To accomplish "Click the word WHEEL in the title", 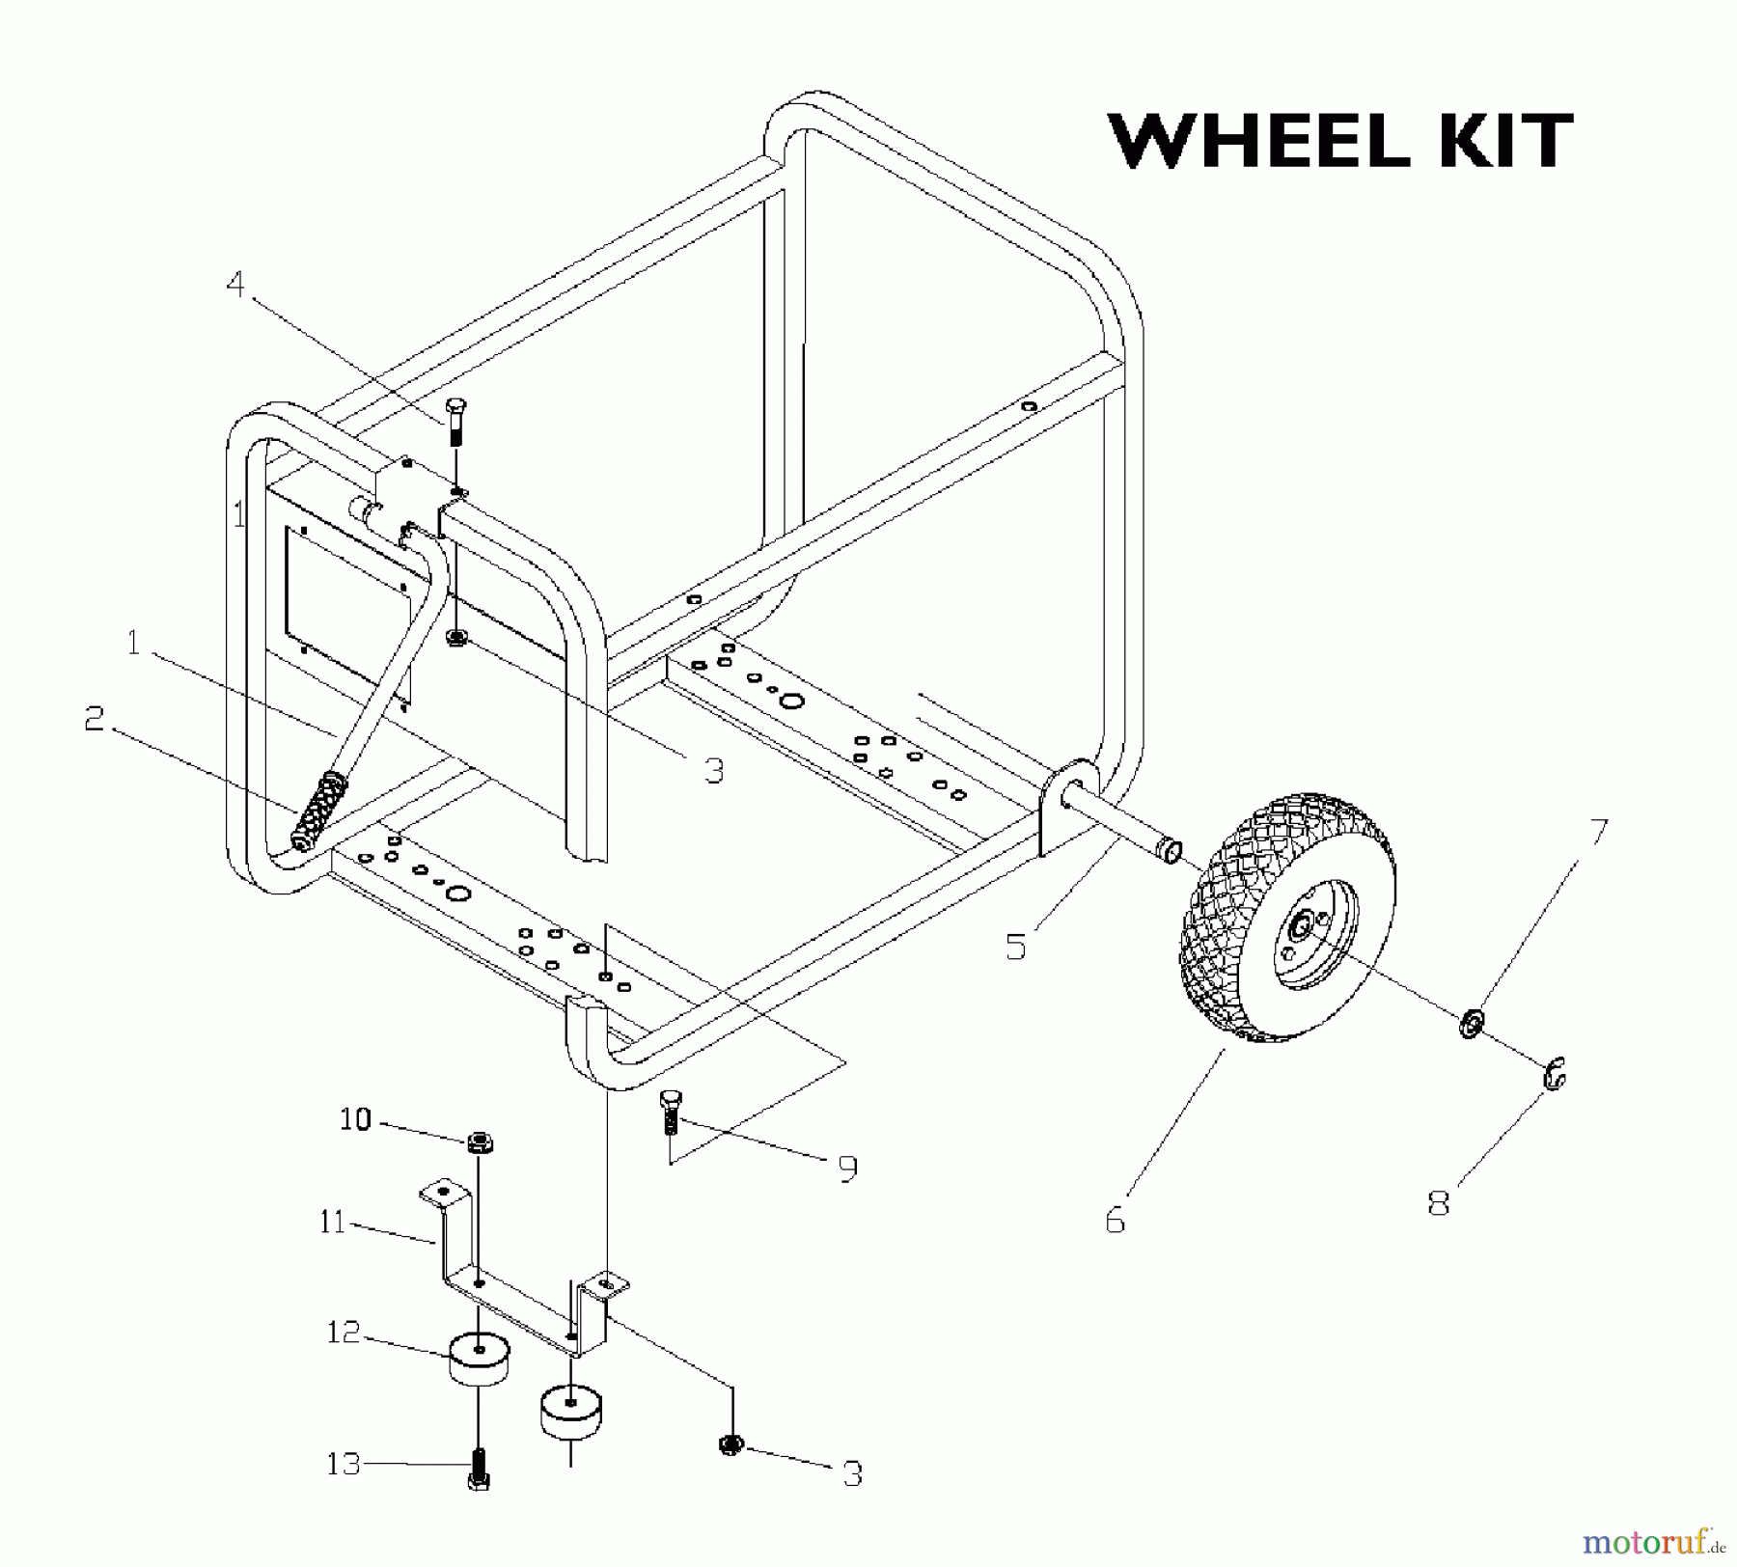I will (1261, 142).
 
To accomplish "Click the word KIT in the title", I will (1492, 142).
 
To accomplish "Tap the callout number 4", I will (235, 285).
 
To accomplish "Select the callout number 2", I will (94, 718).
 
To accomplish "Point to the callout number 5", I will (1015, 946).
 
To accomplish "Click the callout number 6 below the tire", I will (1115, 1221).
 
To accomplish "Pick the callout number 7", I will (1599, 831).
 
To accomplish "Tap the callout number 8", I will (1438, 1203).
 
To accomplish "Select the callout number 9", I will (847, 1168).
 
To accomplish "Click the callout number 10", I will (355, 1119).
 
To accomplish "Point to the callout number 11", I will (332, 1223).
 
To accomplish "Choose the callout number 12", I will (343, 1333).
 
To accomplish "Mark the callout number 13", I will (344, 1464).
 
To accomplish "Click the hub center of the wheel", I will (1300, 927).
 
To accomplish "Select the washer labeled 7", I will (1472, 1024).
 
